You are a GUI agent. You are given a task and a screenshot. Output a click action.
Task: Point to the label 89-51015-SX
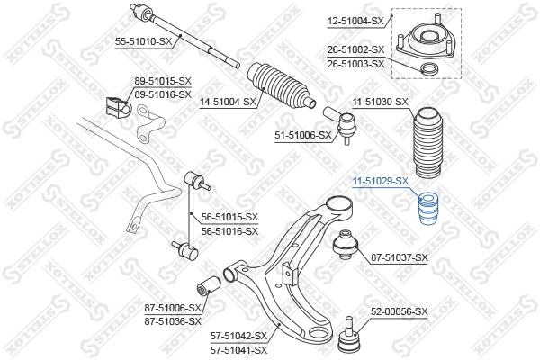163,81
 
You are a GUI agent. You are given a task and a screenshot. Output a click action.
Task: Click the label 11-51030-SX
380,102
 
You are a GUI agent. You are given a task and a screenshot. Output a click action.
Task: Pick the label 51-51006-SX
303,135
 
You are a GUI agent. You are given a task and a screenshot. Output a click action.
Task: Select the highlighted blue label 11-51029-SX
380,181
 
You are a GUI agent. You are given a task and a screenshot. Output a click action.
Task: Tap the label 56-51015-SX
229,217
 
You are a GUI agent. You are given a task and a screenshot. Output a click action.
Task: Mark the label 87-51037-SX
400,257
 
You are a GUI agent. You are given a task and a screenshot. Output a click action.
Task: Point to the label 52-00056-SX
400,311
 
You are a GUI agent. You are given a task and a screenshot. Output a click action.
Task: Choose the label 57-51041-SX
240,349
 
